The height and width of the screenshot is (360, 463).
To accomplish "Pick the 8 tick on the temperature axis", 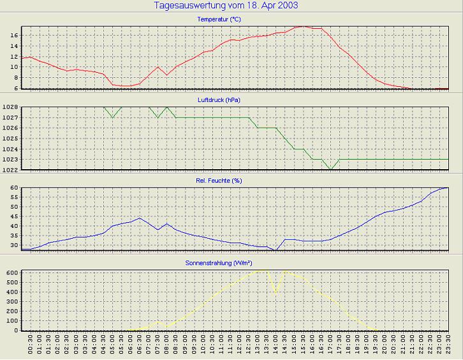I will point(15,77).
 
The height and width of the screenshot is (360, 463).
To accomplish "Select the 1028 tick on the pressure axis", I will point(9,107).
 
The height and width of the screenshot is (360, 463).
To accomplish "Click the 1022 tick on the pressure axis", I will point(9,170).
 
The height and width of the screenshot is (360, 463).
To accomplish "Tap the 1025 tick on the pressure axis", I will point(9,139).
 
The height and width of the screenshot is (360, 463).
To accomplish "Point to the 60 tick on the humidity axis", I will point(13,188).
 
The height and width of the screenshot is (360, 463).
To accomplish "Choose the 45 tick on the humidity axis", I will point(13,216).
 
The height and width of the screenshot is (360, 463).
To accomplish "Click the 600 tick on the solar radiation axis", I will point(11,273).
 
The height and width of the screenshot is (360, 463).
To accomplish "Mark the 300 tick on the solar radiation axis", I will point(11,301).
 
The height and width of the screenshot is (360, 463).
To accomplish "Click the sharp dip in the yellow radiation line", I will point(276,292).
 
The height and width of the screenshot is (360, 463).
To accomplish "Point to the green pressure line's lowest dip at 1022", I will point(330,169).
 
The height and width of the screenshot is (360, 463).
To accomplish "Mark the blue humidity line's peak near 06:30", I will point(140,218).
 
